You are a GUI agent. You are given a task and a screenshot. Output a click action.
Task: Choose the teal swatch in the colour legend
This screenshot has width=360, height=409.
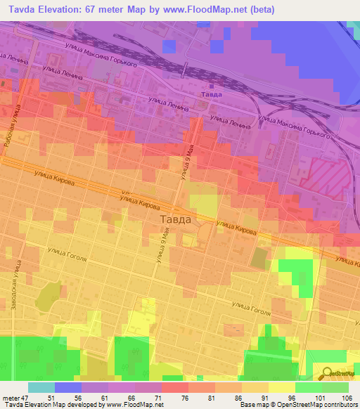coord(41,387)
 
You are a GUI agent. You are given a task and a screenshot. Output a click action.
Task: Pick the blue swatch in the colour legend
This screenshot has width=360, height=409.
coord(68,387)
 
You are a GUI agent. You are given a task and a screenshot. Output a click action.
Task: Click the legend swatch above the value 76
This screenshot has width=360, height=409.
coord(175,387)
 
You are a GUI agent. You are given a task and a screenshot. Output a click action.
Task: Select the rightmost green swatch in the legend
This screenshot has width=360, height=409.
coord(335,387)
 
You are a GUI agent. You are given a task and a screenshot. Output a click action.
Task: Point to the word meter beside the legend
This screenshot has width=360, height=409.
coord(9,398)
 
